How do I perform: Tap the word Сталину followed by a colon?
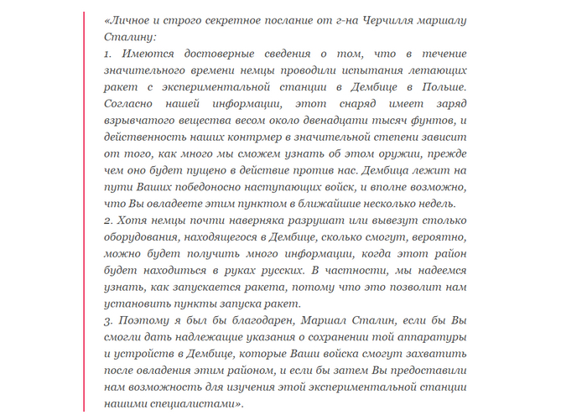pos(128,37)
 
